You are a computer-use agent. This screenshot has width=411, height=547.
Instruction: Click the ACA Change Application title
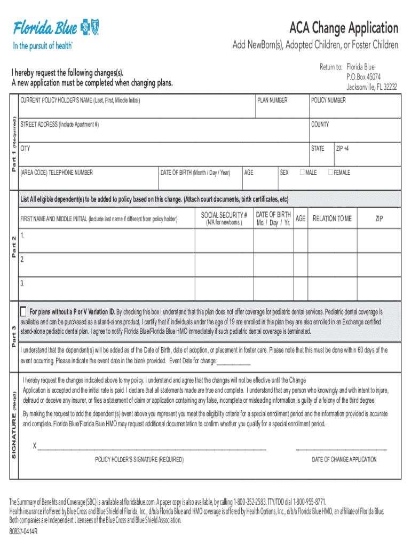click(x=344, y=27)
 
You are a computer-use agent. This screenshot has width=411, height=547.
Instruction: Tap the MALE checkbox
click(x=303, y=172)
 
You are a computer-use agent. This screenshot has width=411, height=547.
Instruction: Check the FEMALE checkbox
click(x=330, y=172)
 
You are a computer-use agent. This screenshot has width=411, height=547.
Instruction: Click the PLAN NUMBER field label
click(x=272, y=100)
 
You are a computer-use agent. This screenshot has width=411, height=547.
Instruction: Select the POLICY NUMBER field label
click(x=328, y=100)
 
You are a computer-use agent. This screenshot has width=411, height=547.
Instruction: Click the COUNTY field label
click(x=320, y=124)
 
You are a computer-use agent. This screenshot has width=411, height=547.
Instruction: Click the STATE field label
click(x=318, y=149)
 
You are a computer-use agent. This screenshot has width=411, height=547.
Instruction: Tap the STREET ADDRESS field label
click(x=59, y=124)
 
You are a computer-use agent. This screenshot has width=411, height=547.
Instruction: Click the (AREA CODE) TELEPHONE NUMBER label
click(x=56, y=173)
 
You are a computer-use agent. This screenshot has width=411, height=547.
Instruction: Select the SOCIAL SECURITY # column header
click(x=224, y=215)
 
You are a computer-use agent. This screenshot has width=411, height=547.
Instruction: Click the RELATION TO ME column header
click(x=332, y=218)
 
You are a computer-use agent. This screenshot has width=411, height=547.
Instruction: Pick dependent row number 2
click(x=22, y=260)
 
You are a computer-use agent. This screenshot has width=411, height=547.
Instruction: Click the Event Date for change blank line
click(x=234, y=361)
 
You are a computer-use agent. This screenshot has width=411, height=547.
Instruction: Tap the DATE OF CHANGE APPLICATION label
click(x=344, y=459)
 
